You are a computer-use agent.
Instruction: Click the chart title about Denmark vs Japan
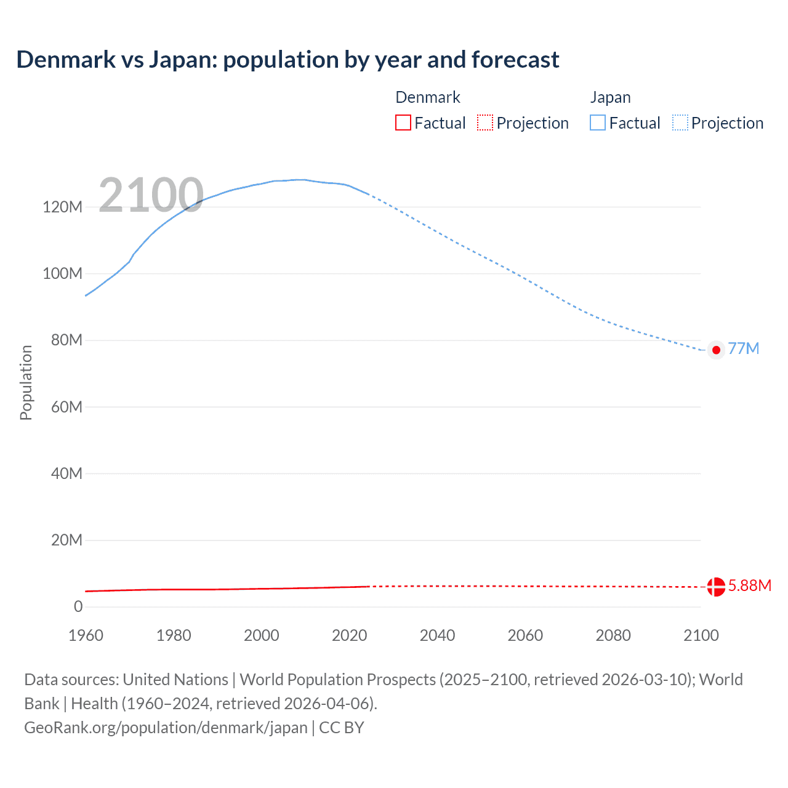click(x=287, y=60)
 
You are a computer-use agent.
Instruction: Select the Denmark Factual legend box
click(x=403, y=123)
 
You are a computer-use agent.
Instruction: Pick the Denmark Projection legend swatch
click(x=485, y=123)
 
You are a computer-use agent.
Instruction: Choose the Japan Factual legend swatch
click(x=598, y=123)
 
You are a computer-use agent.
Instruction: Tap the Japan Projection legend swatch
click(x=680, y=123)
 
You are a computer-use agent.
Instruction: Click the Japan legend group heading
click(x=610, y=97)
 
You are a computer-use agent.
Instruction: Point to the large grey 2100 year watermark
click(x=151, y=195)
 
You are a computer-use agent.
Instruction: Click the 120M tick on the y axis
click(x=62, y=207)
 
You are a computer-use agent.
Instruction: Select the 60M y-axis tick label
click(x=66, y=407)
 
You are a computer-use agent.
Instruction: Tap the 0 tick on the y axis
click(x=78, y=606)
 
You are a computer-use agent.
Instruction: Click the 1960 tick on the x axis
click(x=86, y=635)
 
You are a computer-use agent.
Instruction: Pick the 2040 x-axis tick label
click(x=437, y=635)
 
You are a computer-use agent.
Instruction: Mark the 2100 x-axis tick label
click(x=701, y=635)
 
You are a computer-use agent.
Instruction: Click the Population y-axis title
click(x=26, y=382)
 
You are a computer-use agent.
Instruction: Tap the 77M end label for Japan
click(x=743, y=349)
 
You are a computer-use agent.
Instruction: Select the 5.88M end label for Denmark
click(x=749, y=585)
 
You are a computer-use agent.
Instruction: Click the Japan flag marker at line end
click(x=716, y=350)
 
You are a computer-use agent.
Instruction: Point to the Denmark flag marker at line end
click(x=716, y=587)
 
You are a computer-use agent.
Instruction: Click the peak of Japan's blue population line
click(x=300, y=180)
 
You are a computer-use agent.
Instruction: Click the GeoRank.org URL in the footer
click(x=166, y=728)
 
